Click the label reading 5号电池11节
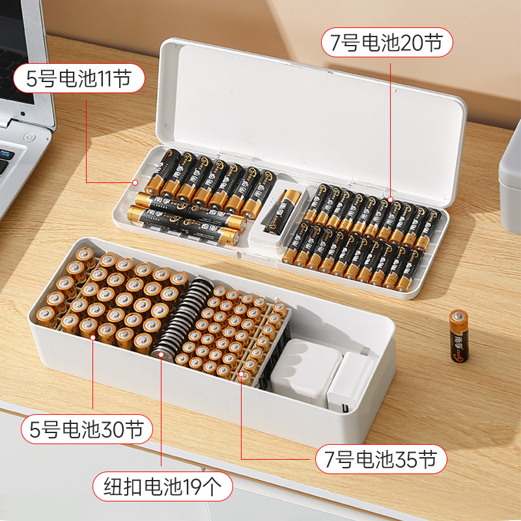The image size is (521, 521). coord(78,79)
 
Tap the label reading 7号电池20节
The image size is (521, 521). coord(387,43)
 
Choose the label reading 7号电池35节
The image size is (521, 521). coord(382,460)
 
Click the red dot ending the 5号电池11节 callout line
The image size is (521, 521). coord(135,182)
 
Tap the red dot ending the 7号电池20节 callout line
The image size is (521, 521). coord(391,199)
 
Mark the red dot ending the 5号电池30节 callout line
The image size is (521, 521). coord(92,337)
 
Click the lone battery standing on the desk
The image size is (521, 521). coord(458,335)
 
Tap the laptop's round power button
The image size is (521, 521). coord(28,138)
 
